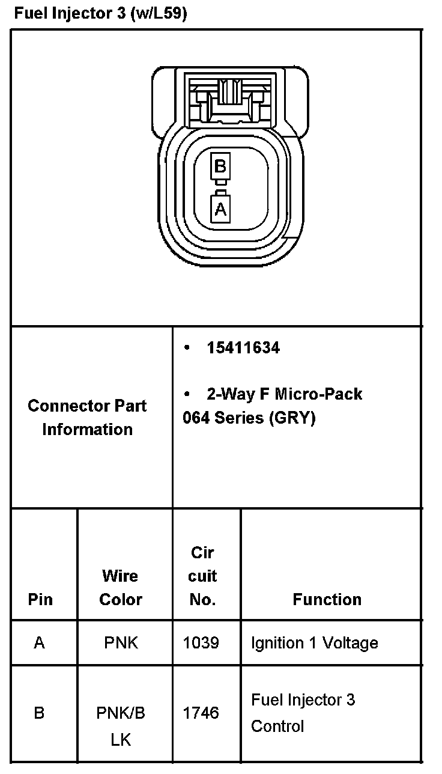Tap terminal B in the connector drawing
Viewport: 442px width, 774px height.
pyautogui.click(x=220, y=166)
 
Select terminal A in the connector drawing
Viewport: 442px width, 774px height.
pyautogui.click(x=220, y=209)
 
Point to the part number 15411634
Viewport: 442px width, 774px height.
pyautogui.click(x=243, y=348)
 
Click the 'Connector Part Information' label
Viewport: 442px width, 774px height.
pyautogui.click(x=88, y=418)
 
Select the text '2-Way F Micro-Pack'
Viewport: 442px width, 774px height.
pyautogui.click(x=284, y=394)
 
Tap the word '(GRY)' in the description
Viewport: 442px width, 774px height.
pyautogui.click(x=292, y=418)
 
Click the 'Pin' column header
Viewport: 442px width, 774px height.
pyautogui.click(x=40, y=599)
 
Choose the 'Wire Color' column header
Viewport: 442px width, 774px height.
pyautogui.click(x=121, y=588)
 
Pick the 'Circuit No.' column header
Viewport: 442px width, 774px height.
pyautogui.click(x=202, y=576)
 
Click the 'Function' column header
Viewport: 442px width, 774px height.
pyautogui.click(x=327, y=599)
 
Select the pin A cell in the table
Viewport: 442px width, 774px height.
pyautogui.click(x=40, y=643)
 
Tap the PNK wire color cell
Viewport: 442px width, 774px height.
pyautogui.click(x=121, y=643)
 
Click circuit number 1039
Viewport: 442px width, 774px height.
pyautogui.click(x=201, y=643)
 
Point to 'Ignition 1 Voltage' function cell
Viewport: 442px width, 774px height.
pyautogui.click(x=314, y=643)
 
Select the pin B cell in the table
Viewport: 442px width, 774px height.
pyautogui.click(x=40, y=713)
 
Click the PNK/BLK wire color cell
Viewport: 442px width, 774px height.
pyautogui.click(x=121, y=726)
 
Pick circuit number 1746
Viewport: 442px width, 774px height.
pyautogui.click(x=201, y=713)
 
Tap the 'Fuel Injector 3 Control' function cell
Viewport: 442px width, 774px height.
pyautogui.click(x=303, y=713)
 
